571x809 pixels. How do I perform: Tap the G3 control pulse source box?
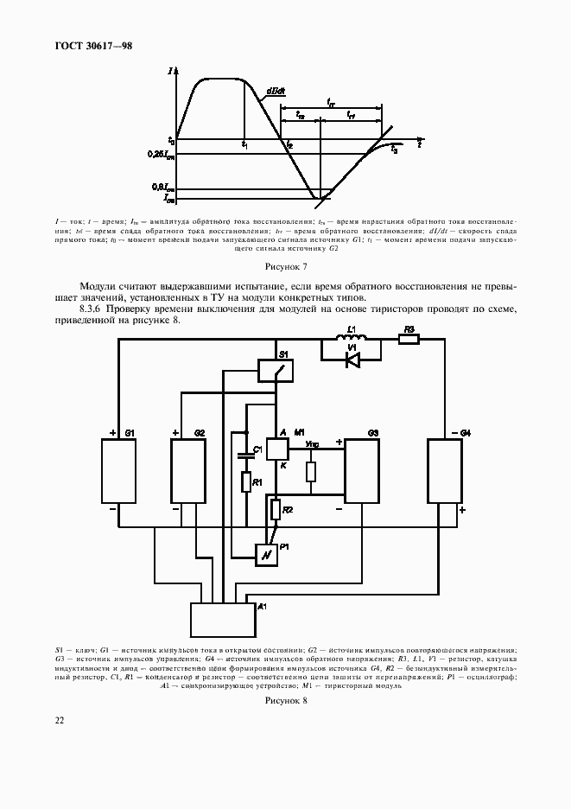point(365,472)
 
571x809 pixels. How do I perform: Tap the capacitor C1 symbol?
point(245,458)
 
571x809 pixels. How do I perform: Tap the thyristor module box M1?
point(277,449)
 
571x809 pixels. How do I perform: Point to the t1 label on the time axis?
point(245,144)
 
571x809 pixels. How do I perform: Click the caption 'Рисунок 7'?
point(285,267)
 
